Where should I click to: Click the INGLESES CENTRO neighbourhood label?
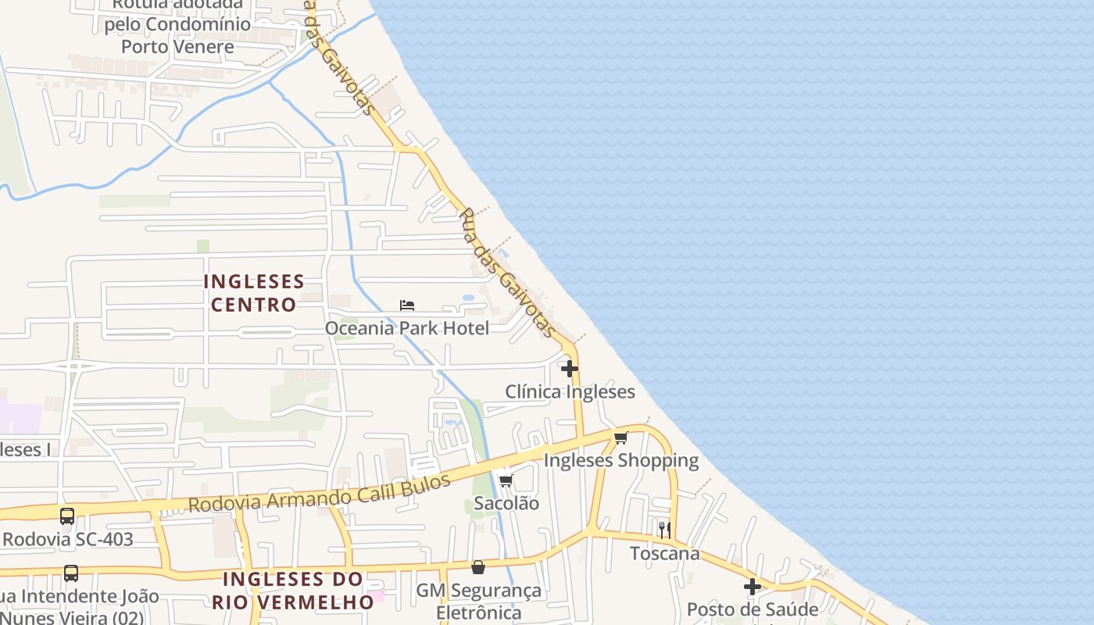[254, 293]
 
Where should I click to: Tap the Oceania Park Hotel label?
[407, 328]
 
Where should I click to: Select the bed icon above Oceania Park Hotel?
[407, 305]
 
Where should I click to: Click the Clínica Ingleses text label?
[570, 391]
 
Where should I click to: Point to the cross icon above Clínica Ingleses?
[570, 369]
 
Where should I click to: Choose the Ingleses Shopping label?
[621, 460]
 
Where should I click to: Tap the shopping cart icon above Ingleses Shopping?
[621, 437]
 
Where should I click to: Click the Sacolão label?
[506, 503]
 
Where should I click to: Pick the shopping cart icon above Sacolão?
[506, 480]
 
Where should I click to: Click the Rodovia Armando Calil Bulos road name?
[320, 493]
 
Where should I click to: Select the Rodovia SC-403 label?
[68, 539]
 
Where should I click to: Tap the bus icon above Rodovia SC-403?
[68, 516]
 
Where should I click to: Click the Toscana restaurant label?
[665, 553]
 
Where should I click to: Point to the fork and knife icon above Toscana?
[665, 530]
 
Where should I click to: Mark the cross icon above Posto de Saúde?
[753, 586]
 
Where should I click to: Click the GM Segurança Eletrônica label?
[478, 602]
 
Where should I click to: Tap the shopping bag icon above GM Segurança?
[478, 567]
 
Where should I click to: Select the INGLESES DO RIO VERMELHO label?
[293, 591]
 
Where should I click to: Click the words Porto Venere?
[177, 46]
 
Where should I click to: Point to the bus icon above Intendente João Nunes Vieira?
[71, 573]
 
